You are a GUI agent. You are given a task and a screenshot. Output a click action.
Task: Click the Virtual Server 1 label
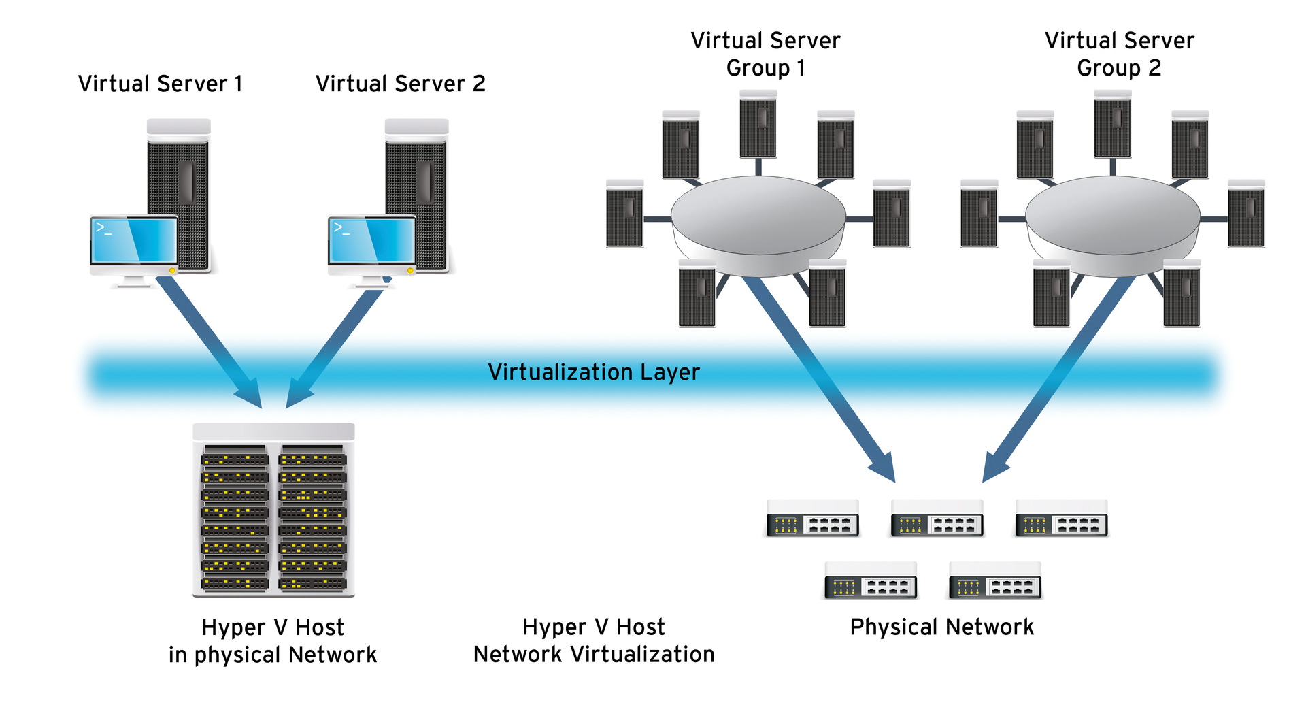160,84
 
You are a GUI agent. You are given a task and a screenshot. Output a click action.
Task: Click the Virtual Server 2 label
400,84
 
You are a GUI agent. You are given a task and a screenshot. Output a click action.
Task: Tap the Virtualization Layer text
593,372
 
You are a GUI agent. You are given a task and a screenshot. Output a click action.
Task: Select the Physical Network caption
941,627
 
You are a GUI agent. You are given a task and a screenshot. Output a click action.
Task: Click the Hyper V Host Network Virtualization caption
593,640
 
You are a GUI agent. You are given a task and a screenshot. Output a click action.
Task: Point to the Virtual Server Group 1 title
765,54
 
